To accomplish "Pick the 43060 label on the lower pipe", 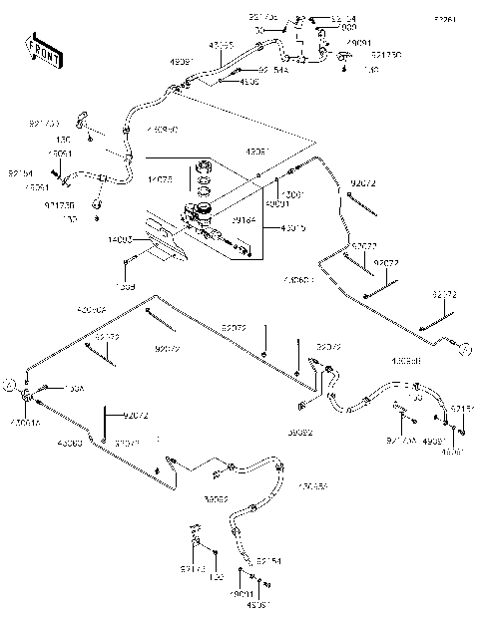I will pos(70,442).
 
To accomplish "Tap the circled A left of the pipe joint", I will pos(9,383).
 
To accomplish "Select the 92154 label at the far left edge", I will pos(21,172).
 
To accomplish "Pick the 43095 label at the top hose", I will pos(221,46).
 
